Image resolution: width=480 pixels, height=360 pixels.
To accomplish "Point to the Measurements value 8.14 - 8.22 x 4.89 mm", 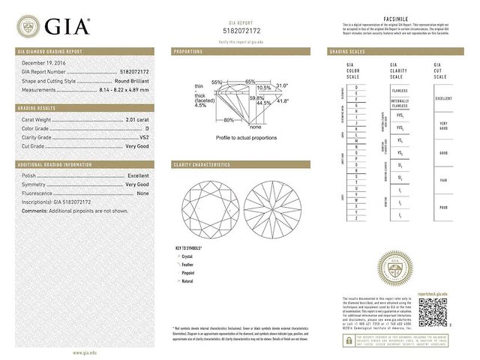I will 119,88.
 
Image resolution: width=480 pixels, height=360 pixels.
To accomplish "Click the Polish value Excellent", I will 138,175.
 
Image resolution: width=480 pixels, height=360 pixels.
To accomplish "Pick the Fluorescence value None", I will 142,193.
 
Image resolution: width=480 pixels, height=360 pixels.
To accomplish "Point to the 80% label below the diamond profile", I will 228,120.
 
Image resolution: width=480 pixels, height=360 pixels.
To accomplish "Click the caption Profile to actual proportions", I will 246,138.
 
